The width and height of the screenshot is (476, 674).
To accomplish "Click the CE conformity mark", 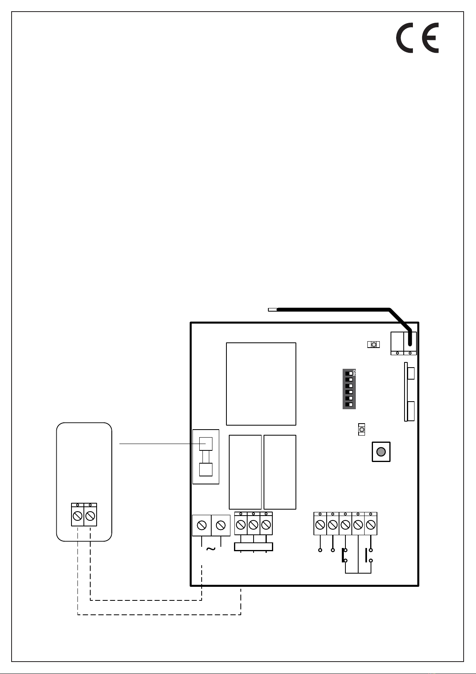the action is click(417, 38).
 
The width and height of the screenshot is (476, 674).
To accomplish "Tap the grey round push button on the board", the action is click(381, 452).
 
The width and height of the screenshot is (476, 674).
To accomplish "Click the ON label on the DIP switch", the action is click(354, 372).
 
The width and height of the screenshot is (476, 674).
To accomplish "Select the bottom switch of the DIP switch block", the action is click(349, 405).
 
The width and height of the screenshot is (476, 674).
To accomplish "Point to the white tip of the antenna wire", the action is click(272, 309).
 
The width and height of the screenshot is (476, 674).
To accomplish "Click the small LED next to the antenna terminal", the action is click(373, 344).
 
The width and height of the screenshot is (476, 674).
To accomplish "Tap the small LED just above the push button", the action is click(362, 430).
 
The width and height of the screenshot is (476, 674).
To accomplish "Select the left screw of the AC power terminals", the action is click(202, 525).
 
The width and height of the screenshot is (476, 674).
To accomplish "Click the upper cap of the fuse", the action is click(206, 444).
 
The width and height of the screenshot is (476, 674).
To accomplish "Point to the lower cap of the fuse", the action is click(206, 470).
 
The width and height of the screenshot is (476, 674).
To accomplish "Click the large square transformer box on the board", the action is click(261, 384).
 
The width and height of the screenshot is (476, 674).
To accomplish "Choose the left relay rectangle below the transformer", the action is click(245, 472).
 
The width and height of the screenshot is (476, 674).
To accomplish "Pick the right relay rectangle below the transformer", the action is click(280, 472).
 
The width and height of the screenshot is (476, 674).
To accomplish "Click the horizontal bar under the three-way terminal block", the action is click(253, 547).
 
